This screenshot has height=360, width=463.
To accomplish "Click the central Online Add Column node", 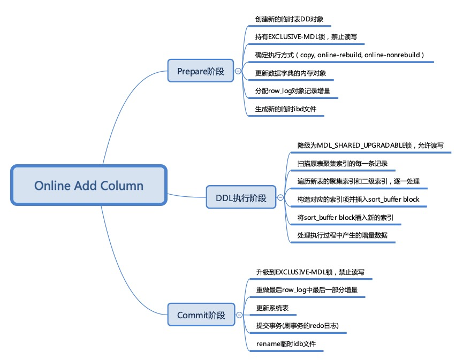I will (89, 186).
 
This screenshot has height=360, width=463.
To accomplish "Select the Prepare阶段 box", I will (201, 71).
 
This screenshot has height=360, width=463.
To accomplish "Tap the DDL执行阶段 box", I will (241, 197).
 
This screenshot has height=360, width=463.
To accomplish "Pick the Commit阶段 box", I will (201, 315).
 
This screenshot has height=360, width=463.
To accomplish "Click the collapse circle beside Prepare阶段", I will (238, 71).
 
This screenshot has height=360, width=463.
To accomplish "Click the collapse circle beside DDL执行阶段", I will (279, 197).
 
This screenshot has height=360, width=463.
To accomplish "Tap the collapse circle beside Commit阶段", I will (239, 315).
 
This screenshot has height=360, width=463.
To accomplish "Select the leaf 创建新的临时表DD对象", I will (290, 19).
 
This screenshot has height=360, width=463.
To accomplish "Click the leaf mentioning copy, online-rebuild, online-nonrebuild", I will (339, 55).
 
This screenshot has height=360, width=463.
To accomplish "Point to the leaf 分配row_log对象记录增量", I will (292, 91).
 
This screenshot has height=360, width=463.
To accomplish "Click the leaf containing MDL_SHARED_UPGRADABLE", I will (370, 145).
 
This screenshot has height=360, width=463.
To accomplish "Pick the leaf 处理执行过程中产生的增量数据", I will (342, 235).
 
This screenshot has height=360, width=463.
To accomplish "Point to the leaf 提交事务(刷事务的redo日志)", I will (297, 325).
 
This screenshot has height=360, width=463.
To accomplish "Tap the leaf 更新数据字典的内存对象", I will (291, 73).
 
